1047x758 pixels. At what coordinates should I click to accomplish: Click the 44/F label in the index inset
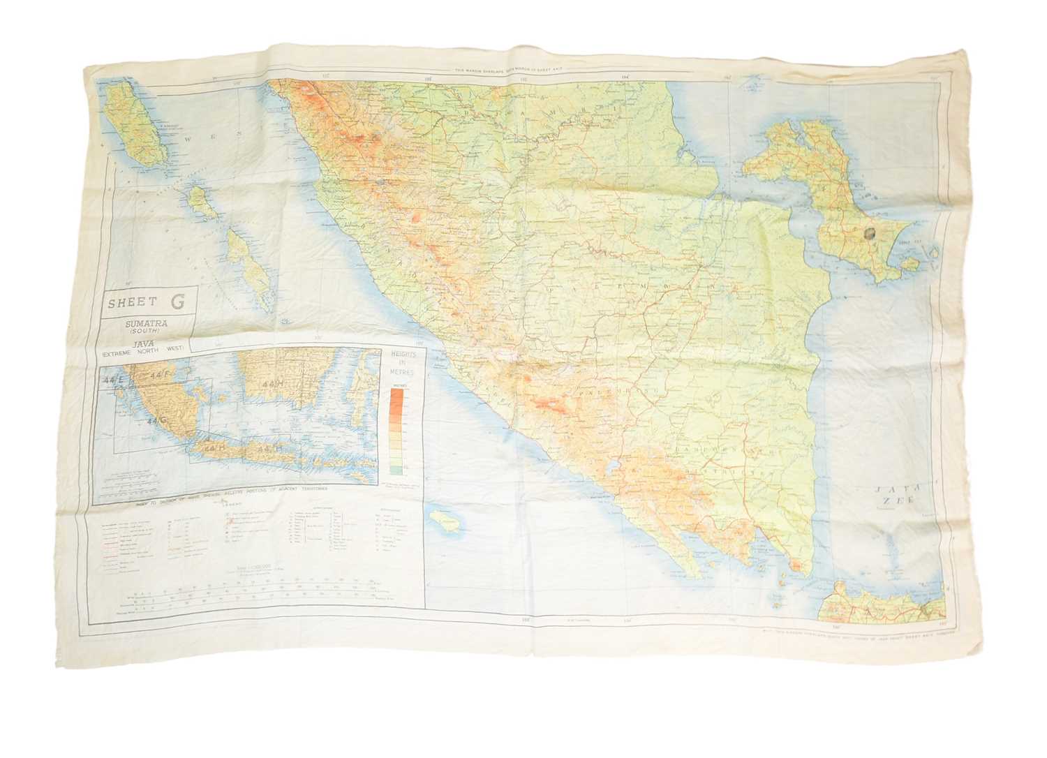(165, 378)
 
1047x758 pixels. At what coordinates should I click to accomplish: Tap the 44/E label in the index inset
(112, 381)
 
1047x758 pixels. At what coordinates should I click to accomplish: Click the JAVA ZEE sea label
(897, 500)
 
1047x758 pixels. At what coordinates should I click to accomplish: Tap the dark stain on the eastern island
(870, 237)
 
